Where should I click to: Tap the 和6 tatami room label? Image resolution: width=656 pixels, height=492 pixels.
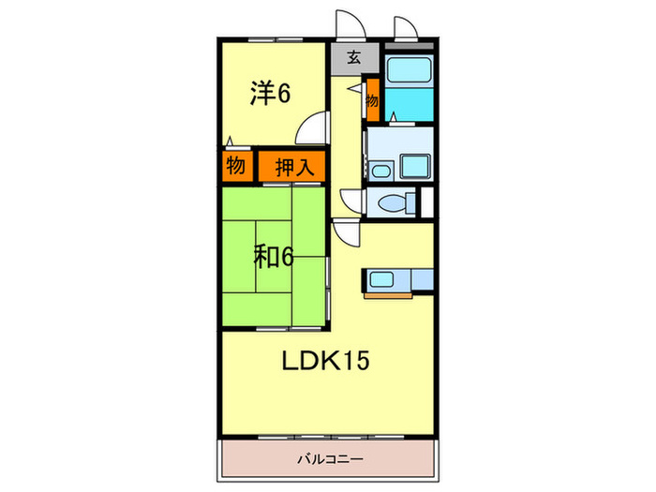(273, 255)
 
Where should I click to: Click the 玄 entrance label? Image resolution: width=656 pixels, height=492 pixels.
(354, 58)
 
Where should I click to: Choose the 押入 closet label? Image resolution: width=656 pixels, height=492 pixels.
(292, 167)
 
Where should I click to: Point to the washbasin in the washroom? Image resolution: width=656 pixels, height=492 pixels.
(380, 170)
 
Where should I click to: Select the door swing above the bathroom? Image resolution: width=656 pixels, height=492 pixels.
(407, 27)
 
